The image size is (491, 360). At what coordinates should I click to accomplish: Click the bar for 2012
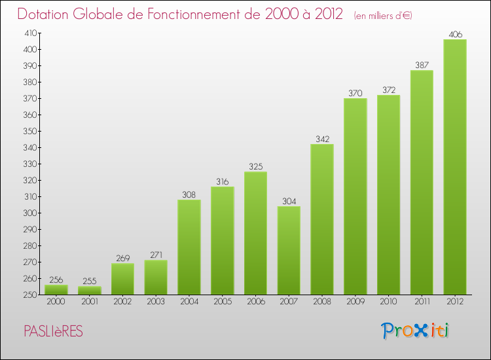click(x=454, y=167)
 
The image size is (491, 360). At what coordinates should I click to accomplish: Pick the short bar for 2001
click(x=90, y=290)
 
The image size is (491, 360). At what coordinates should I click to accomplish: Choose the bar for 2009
click(x=355, y=196)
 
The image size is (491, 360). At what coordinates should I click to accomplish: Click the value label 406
click(x=454, y=34)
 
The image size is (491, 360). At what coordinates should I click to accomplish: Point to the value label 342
click(x=321, y=139)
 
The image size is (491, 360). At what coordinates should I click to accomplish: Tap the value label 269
click(x=122, y=258)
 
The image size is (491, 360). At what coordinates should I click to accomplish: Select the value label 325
click(x=255, y=166)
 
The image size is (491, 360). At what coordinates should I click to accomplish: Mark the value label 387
click(x=422, y=65)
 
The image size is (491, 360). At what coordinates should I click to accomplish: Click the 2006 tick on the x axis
click(x=255, y=302)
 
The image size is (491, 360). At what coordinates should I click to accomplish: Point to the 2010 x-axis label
click(x=388, y=302)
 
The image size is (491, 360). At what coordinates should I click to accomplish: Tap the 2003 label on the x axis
click(x=156, y=302)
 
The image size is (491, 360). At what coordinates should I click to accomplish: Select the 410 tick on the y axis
click(x=30, y=33)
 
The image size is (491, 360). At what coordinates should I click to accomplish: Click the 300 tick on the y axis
click(x=30, y=213)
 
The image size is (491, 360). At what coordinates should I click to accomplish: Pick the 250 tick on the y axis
click(x=30, y=295)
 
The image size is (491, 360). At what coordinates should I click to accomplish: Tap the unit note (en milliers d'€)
click(x=383, y=15)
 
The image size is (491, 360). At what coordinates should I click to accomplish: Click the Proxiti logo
click(x=416, y=331)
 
